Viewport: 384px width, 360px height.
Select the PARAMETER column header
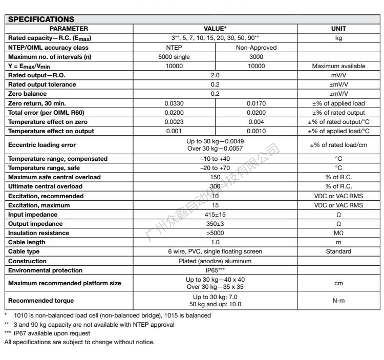tap(69, 29)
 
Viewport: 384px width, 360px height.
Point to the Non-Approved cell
tap(256, 48)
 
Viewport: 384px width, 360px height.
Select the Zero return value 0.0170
tap(256, 103)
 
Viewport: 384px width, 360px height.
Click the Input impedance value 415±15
tap(215, 215)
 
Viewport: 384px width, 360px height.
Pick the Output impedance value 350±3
tap(215, 224)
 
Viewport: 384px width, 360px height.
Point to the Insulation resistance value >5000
tap(215, 233)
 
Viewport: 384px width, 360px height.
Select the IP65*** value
tap(215, 270)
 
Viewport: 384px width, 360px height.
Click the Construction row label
tap(28, 261)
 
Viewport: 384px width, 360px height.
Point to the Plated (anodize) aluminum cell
tap(215, 261)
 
